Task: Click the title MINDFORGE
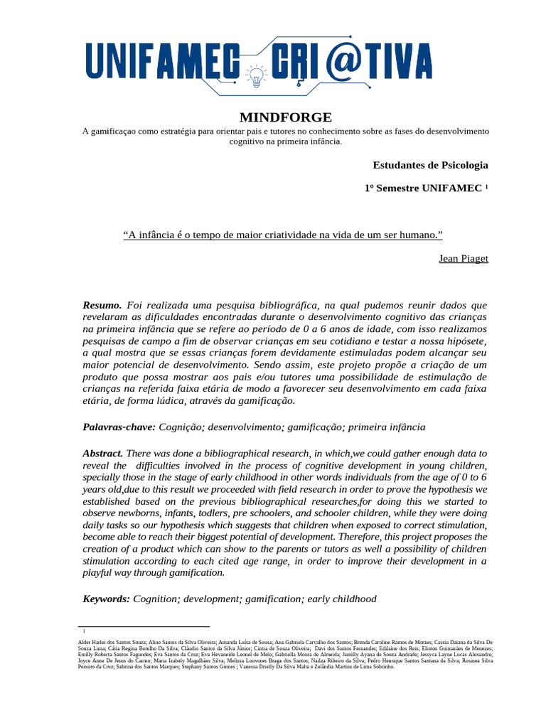point(285,117)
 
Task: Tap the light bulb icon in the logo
point(255,75)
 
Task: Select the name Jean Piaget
point(464,259)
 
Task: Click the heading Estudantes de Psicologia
point(430,165)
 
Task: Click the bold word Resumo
point(102,304)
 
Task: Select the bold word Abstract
point(103,453)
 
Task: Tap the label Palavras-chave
point(119,427)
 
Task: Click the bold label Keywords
point(107,599)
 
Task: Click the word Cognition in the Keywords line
point(156,599)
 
